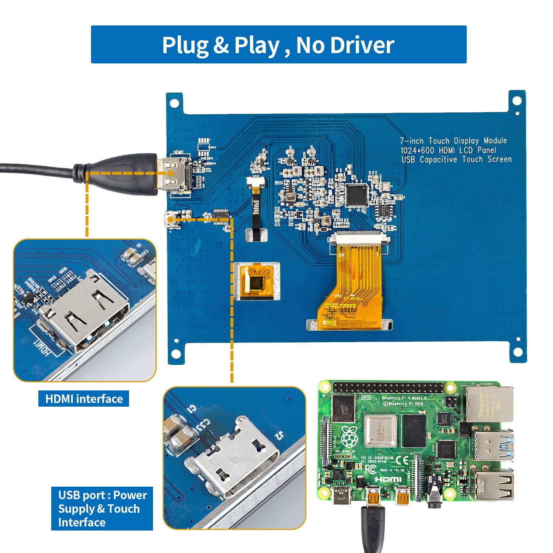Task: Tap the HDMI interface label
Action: click(x=84, y=399)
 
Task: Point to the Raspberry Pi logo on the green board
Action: click(x=349, y=437)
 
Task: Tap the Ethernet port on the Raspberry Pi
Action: click(x=490, y=404)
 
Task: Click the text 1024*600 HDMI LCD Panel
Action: click(x=448, y=150)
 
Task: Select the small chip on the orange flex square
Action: click(x=257, y=282)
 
